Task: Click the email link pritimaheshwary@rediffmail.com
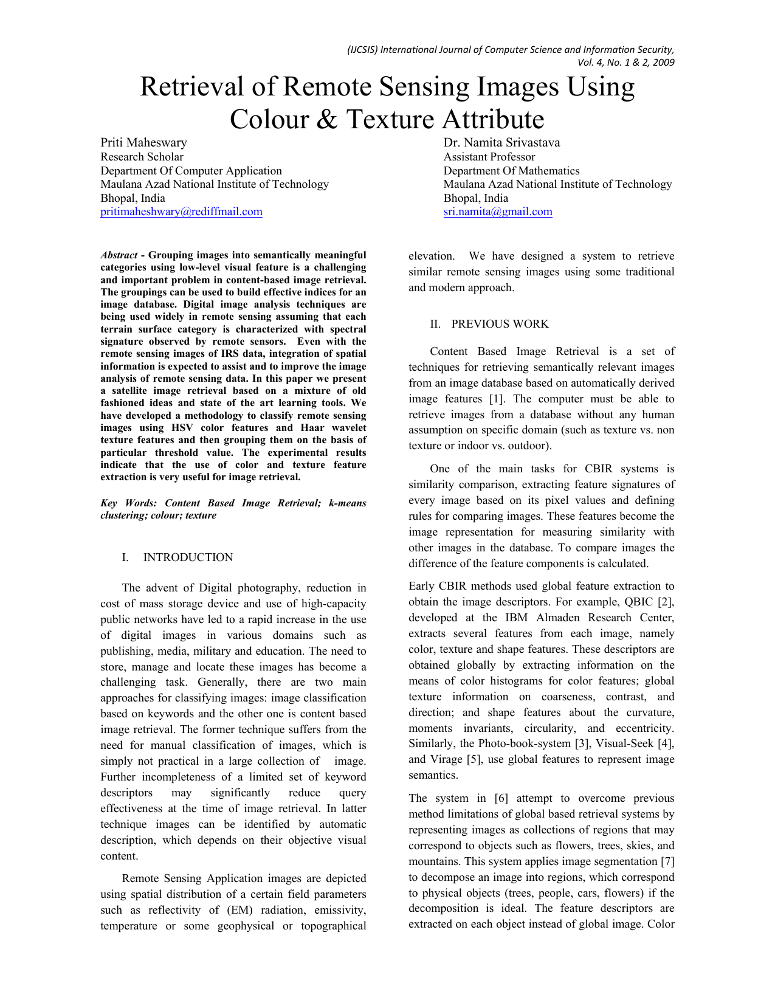click(181, 212)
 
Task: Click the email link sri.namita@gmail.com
click(498, 212)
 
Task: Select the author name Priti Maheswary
click(143, 142)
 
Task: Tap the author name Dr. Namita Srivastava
click(501, 142)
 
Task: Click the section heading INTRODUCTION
click(188, 557)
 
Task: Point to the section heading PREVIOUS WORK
click(500, 324)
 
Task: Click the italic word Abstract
click(119, 255)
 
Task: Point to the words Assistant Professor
click(489, 157)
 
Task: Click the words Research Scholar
click(142, 157)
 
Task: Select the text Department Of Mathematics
click(511, 171)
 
